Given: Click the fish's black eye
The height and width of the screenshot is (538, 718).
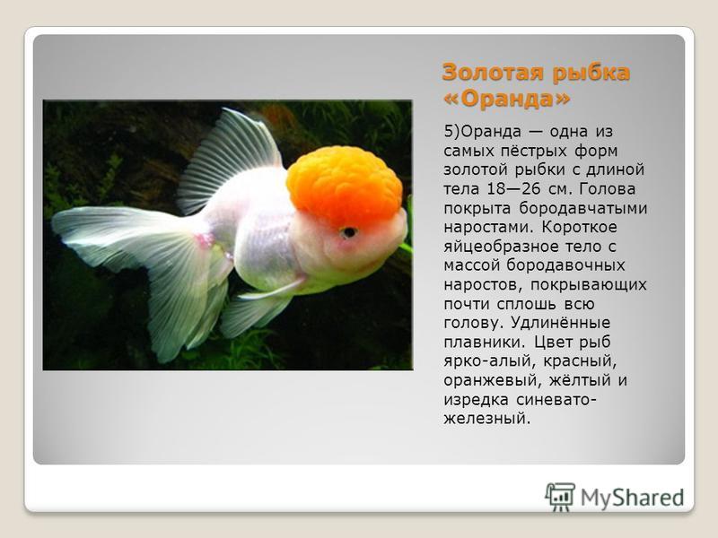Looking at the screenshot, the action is pyautogui.click(x=349, y=232).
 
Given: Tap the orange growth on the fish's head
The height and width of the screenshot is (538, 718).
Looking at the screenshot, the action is pyautogui.click(x=345, y=186).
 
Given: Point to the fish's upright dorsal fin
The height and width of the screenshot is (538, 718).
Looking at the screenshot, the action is pyautogui.click(x=229, y=161).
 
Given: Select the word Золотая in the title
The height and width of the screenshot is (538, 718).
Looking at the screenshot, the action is pyautogui.click(x=493, y=73).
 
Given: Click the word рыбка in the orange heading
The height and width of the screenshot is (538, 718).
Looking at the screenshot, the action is pyautogui.click(x=591, y=74).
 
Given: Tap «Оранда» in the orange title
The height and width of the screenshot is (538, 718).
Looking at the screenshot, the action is pyautogui.click(x=507, y=99).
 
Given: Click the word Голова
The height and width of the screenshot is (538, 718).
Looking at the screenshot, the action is pyautogui.click(x=608, y=188).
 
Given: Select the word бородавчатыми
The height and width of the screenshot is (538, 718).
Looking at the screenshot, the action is pyautogui.click(x=582, y=208).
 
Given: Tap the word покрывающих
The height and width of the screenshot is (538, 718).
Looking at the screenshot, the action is pyautogui.click(x=589, y=285).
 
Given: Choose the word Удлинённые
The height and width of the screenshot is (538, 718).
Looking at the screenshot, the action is pyautogui.click(x=560, y=323).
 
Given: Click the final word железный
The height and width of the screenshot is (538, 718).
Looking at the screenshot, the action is pyautogui.click(x=487, y=419).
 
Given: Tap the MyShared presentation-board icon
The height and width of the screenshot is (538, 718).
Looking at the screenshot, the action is pyautogui.click(x=560, y=497).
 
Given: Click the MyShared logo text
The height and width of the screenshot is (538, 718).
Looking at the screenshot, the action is pyautogui.click(x=633, y=498).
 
